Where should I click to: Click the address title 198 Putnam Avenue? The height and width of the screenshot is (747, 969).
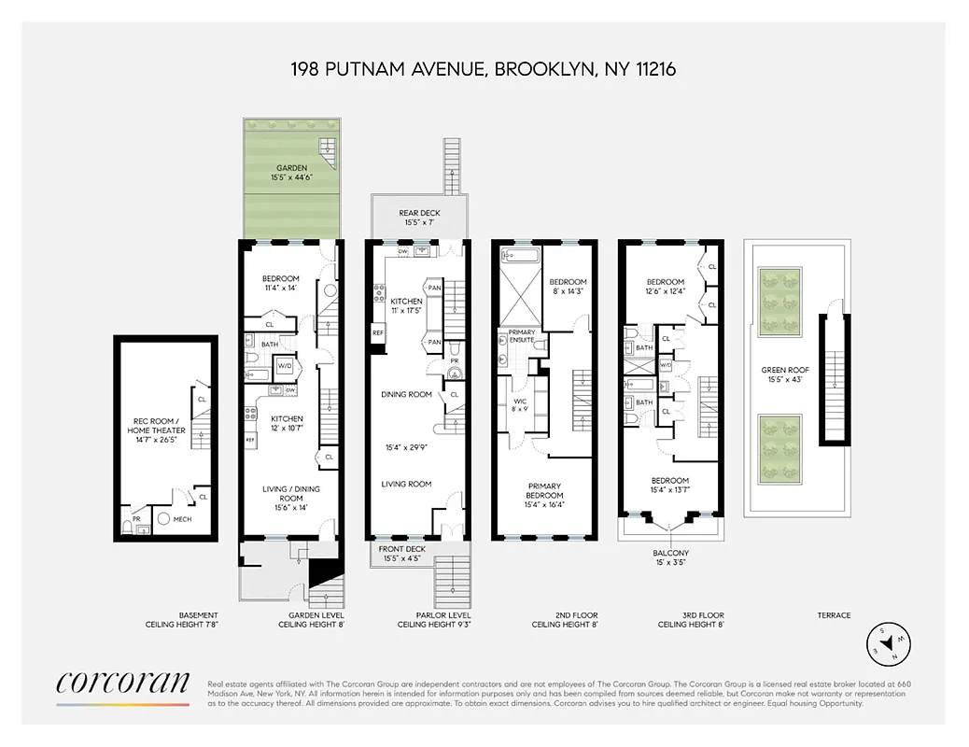pyautogui.click(x=483, y=68)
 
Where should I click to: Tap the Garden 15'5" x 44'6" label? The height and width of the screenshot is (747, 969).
pyautogui.click(x=291, y=173)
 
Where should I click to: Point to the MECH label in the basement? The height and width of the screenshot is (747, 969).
pyautogui.click(x=182, y=519)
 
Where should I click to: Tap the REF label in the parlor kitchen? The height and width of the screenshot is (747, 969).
pyautogui.click(x=378, y=332)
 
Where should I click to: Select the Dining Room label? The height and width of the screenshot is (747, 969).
pyautogui.click(x=406, y=394)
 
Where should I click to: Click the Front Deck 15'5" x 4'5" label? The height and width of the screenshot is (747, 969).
pyautogui.click(x=403, y=554)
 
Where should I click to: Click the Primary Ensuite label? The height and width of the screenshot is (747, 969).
pyautogui.click(x=521, y=336)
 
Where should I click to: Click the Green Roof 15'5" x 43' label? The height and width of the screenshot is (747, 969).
pyautogui.click(x=782, y=373)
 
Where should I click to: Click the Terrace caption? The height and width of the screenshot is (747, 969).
pyautogui.click(x=834, y=615)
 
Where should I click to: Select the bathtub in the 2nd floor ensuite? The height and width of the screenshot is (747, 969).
pyautogui.click(x=516, y=254)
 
